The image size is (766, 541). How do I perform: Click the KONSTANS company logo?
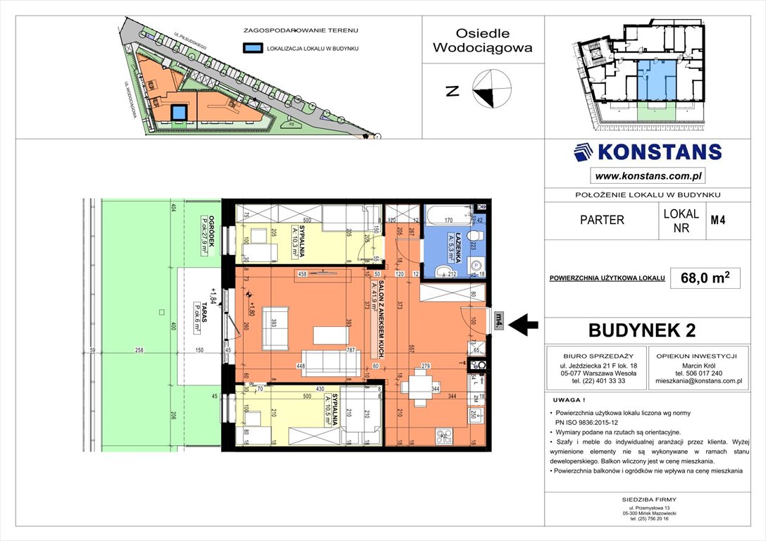(x=648, y=152)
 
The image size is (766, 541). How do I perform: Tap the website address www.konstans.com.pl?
(x=648, y=176)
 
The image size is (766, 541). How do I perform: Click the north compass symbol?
(x=493, y=89)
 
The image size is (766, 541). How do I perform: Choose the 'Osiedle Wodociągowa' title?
(x=483, y=41)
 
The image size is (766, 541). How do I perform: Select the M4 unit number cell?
(x=718, y=219)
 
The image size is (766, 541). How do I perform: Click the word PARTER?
(x=601, y=220)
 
